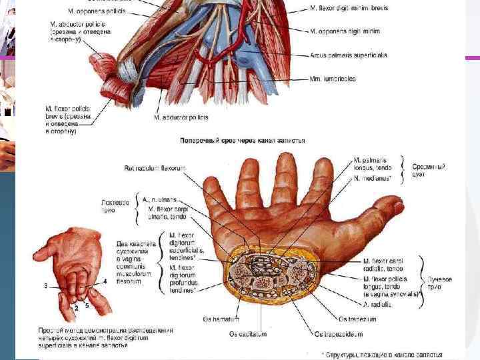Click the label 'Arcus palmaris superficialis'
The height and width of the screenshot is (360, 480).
coord(348,55)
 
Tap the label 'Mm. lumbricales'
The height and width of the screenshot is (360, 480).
coord(333,79)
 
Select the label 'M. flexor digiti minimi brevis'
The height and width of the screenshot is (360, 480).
coord(349,7)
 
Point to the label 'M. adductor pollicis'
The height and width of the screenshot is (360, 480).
coord(181,117)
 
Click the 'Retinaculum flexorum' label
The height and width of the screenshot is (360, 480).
coord(154,168)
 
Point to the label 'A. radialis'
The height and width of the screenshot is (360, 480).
coord(377,304)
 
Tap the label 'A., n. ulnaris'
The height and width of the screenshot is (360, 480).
coord(164,199)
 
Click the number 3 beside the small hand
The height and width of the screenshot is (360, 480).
coord(45,285)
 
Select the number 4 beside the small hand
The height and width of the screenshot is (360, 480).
coord(105,281)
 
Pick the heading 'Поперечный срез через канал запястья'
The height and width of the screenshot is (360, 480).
coord(243,141)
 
